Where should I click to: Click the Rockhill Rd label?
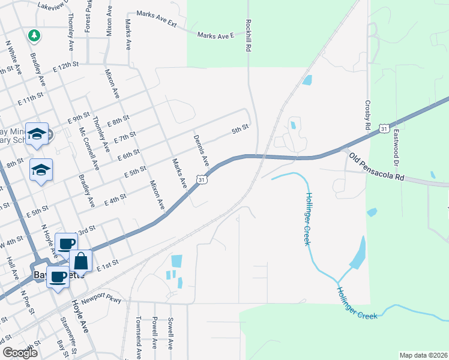[248, 36]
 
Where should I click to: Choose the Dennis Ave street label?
[201, 150]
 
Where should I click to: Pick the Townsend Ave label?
[138, 337]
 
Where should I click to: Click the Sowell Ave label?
[170, 334]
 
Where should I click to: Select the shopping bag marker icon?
[81, 262]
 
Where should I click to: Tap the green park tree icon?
[35, 35]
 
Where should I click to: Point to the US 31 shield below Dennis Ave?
[203, 179]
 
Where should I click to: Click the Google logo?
[19, 353]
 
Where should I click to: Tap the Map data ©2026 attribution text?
[423, 355]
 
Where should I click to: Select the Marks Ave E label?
[215, 36]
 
